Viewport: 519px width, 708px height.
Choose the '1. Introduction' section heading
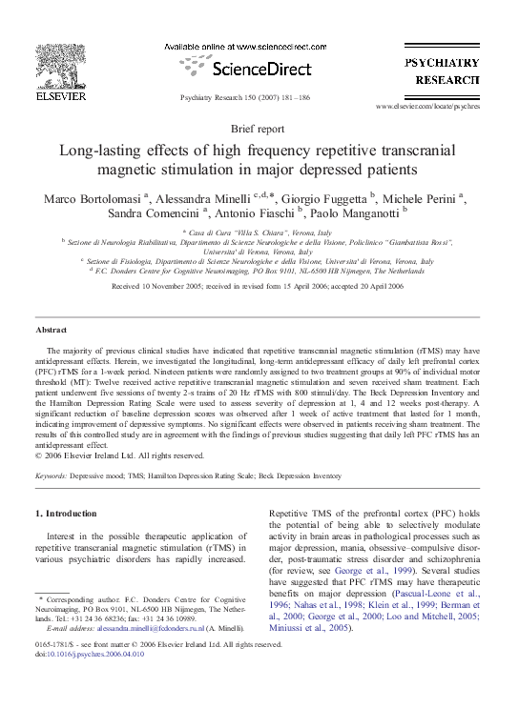click(66, 513)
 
